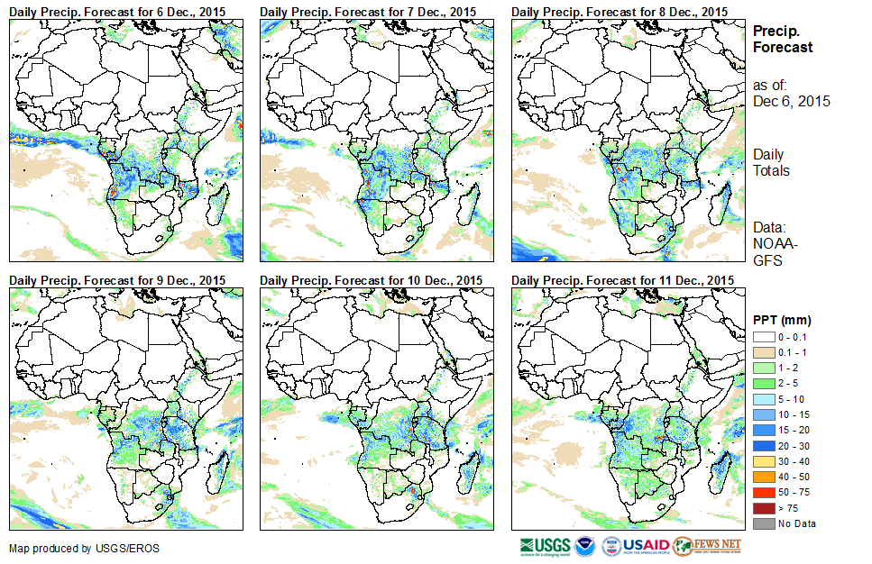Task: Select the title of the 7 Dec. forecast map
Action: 369,11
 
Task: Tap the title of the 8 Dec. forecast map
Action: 620,11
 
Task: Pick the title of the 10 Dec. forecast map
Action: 371,280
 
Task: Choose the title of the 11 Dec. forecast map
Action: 622,280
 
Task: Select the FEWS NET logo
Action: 707,545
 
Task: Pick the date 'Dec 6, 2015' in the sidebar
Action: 791,101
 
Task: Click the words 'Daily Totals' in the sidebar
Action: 772,162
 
